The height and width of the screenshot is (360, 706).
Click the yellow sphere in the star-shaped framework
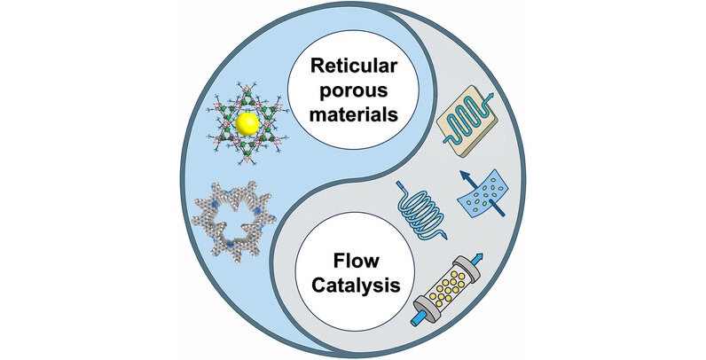(x=249, y=121)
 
